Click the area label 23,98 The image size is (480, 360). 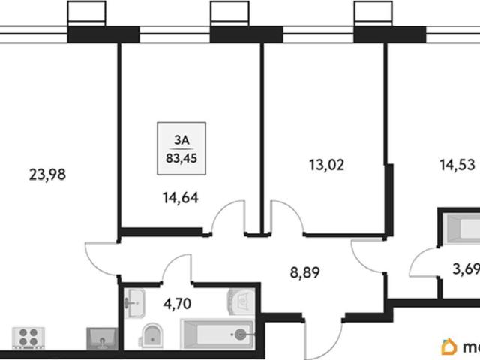coord(47,175)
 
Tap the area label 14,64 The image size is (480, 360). coord(181,198)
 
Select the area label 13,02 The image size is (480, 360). coord(327,165)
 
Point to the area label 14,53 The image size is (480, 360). coord(457,165)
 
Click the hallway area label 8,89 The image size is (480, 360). coord(305,272)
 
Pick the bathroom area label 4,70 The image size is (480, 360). coord(177,304)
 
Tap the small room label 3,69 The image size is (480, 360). coord(466,269)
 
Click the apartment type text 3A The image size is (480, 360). coord(181,140)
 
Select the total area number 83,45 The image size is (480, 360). coord(181,158)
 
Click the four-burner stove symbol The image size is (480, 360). coord(28,337)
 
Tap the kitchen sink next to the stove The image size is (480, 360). coord(102,338)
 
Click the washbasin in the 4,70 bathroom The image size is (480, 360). coord(134,303)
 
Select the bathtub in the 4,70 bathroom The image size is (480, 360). coord(217,334)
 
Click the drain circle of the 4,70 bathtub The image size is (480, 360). coord(240,334)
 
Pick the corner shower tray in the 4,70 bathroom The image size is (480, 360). coord(241,301)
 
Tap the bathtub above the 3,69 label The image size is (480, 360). coord(462,229)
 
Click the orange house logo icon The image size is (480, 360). coord(448,346)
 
